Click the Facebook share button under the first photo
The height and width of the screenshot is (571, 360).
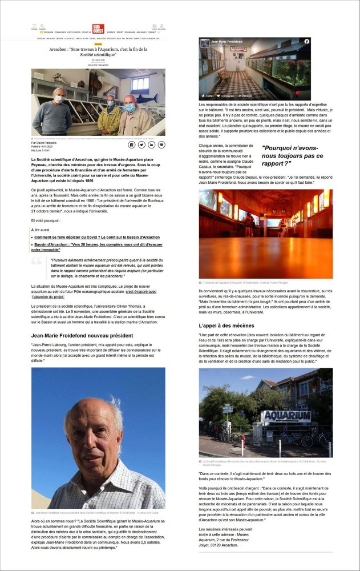click(132, 145)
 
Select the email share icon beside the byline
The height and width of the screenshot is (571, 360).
click(161, 145)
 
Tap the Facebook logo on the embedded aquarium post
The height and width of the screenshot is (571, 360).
click(307, 42)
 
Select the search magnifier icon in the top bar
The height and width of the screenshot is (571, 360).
click(43, 26)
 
